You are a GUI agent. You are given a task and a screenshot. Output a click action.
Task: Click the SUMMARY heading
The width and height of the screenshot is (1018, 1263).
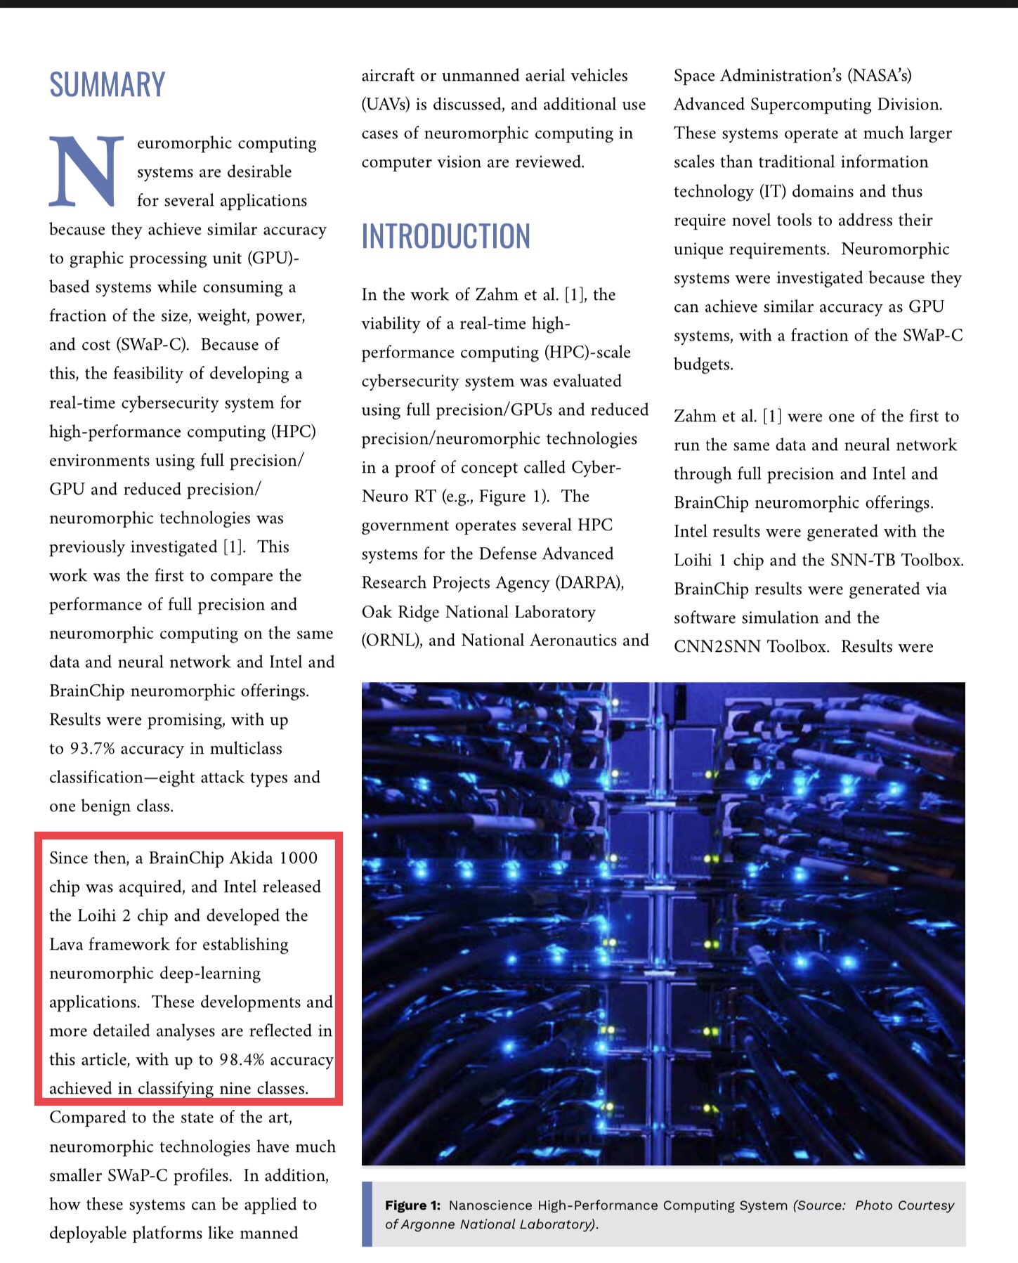(x=107, y=85)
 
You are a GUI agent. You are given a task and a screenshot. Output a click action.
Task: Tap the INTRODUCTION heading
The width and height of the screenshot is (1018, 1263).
(x=445, y=236)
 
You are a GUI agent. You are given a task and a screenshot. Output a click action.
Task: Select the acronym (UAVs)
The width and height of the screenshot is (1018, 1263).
(x=384, y=105)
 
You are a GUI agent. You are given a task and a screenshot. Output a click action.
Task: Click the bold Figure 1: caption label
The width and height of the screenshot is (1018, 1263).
(x=412, y=1205)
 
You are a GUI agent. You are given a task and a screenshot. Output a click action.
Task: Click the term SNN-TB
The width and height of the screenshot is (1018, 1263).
(x=863, y=561)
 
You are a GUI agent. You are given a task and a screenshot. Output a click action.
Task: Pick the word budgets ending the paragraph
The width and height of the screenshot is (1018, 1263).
(x=703, y=365)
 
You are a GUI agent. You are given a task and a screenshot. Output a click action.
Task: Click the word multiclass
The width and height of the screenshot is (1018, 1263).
(x=246, y=749)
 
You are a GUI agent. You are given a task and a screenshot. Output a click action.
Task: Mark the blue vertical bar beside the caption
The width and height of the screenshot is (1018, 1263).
(x=366, y=1214)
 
